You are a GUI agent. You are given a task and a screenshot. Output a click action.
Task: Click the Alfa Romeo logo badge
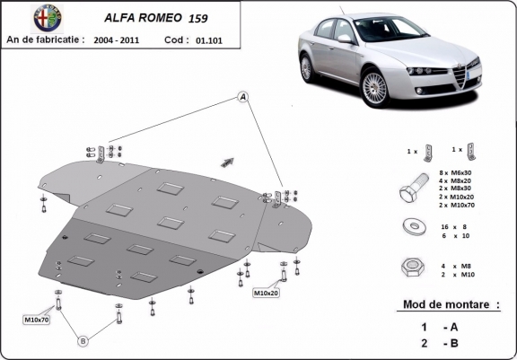[x=17, y=18]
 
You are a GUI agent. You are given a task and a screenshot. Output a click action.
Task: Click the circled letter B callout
[x=83, y=340]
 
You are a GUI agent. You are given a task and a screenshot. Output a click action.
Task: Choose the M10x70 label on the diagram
[x=38, y=319]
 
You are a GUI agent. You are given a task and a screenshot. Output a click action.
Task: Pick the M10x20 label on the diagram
[x=267, y=293]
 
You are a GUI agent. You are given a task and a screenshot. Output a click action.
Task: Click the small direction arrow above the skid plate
[x=227, y=161]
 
